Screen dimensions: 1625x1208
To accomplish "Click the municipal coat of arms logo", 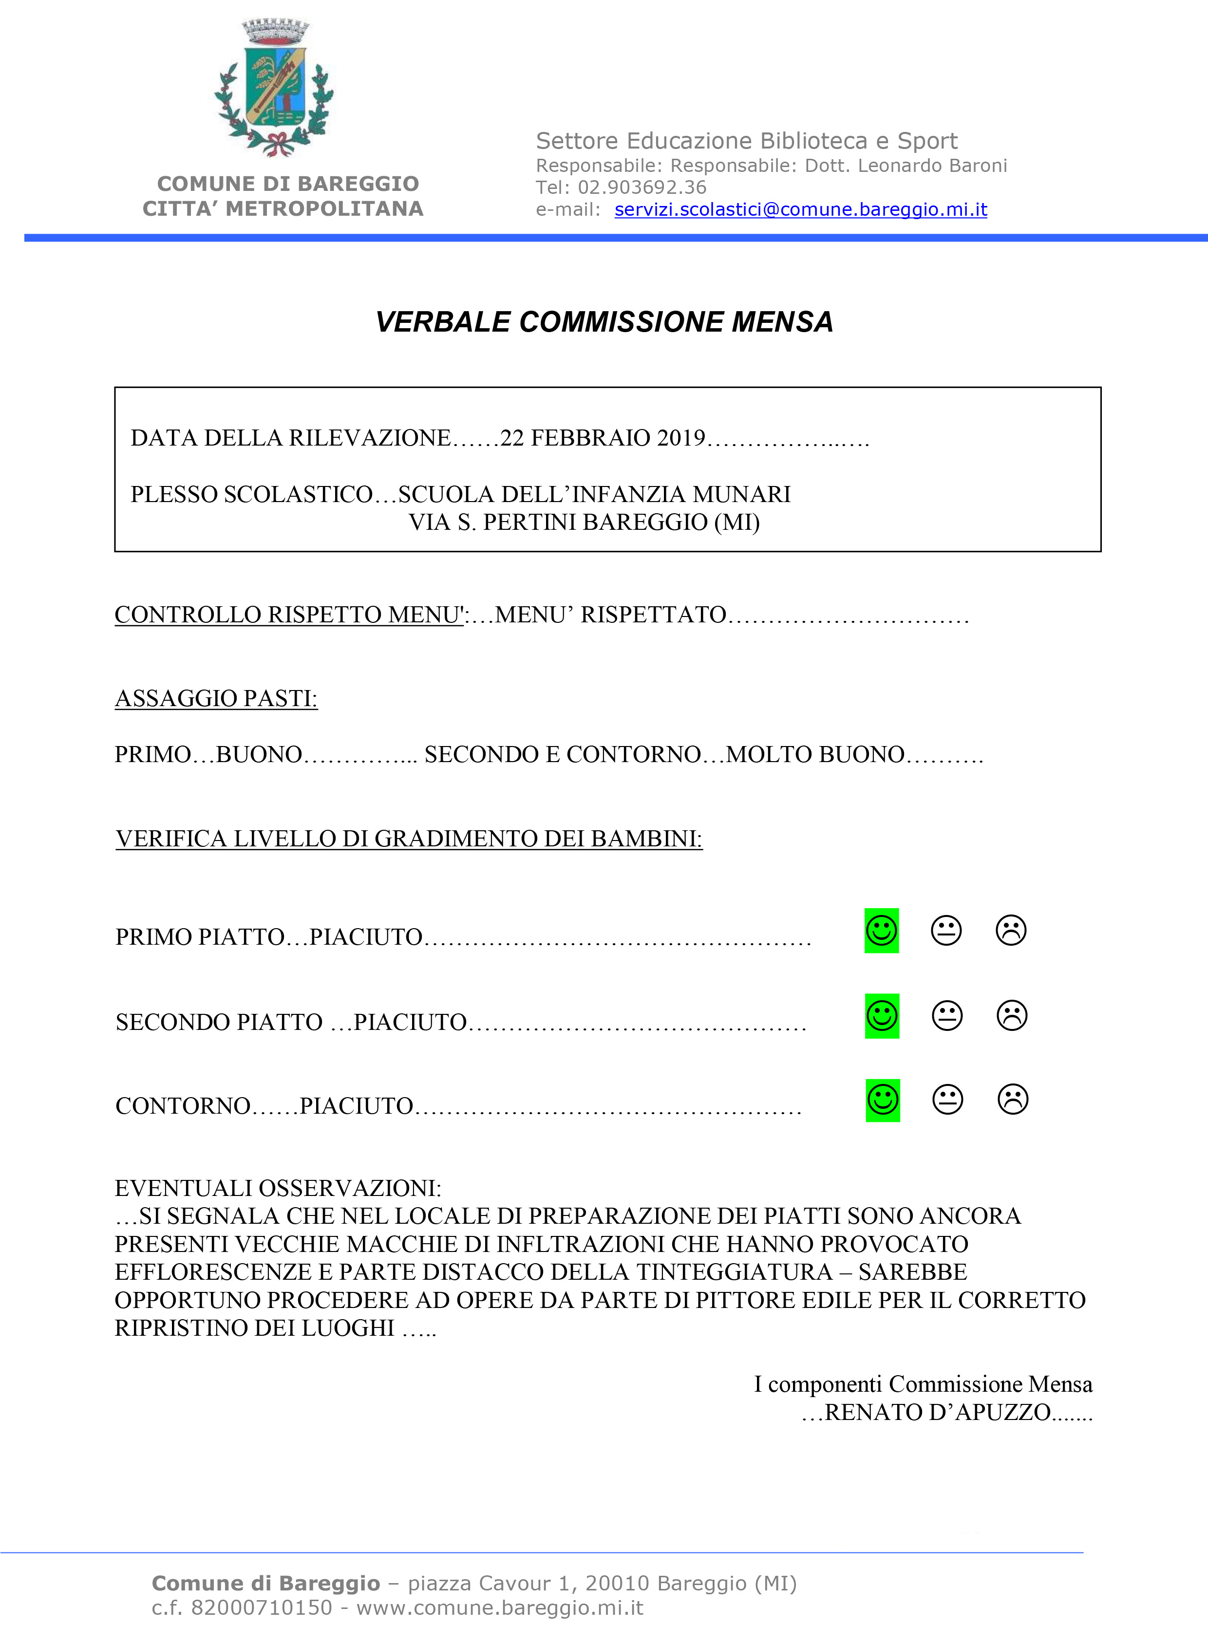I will (x=274, y=88).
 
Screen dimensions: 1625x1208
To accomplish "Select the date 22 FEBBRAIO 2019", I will (x=603, y=438).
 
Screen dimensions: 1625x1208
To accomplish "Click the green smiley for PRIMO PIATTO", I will (x=881, y=931).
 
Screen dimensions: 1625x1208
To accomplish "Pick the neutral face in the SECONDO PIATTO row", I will (x=947, y=1015).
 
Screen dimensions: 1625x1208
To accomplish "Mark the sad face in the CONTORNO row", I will (x=1013, y=1100).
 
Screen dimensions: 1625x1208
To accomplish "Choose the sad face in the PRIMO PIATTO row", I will (x=1011, y=931).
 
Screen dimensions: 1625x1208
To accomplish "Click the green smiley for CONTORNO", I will (x=883, y=1100).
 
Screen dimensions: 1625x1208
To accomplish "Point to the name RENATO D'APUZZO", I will (x=938, y=1412).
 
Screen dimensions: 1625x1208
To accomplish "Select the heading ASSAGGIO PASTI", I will (x=216, y=699).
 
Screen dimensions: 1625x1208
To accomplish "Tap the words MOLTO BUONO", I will (x=815, y=754).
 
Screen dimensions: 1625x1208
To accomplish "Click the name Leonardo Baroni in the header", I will (x=932, y=166).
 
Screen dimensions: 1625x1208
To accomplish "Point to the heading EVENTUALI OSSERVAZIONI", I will (x=278, y=1188).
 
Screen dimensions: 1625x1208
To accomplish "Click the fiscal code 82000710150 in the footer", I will (x=261, y=1608).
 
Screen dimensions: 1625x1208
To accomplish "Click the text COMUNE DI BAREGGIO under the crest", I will (x=288, y=184).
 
